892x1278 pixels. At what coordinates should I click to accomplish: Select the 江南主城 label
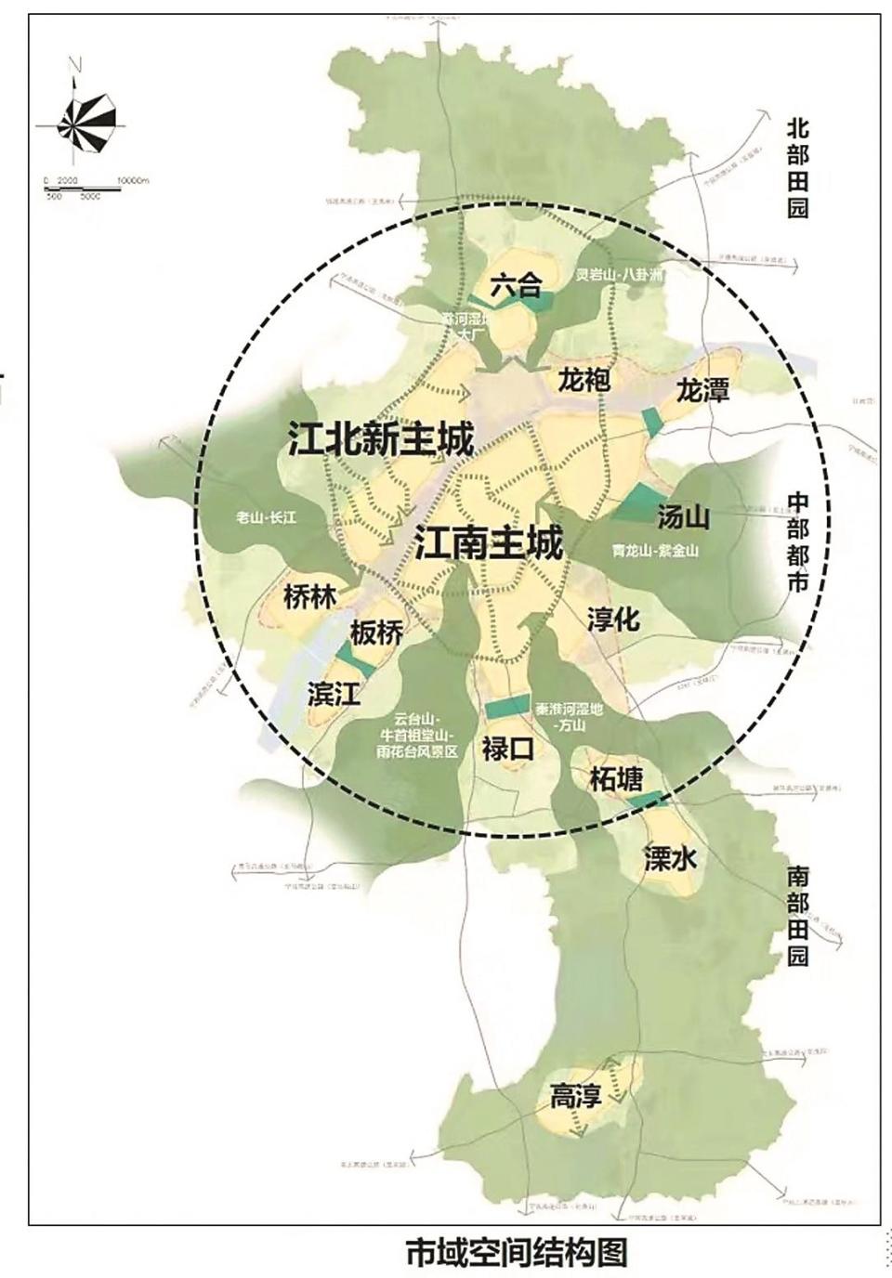coord(489,543)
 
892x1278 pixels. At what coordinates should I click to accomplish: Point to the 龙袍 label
coord(584,381)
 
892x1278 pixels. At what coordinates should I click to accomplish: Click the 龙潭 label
coord(703,390)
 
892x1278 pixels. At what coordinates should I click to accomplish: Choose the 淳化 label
coord(614,618)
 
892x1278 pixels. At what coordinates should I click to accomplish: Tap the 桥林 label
coord(309,596)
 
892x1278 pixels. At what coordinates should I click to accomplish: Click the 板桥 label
coord(377,633)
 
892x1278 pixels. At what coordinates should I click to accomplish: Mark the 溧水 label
coord(669,859)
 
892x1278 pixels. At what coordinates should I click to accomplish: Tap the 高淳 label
coord(576,1097)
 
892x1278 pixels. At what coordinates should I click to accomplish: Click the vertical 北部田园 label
coord(797,167)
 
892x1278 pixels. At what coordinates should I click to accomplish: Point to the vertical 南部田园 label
coord(797,918)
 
